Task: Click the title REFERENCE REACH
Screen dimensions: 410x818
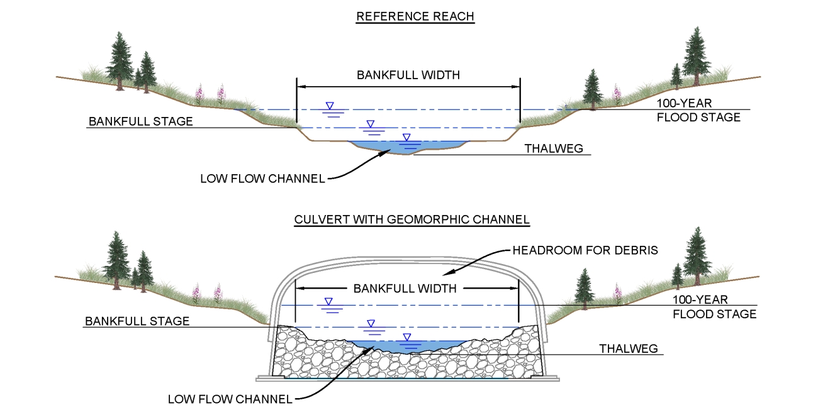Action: (415, 17)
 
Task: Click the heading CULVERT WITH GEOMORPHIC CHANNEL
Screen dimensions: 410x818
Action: (412, 220)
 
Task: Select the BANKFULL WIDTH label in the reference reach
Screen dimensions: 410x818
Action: (408, 75)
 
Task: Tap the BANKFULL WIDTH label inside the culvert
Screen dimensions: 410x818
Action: (405, 289)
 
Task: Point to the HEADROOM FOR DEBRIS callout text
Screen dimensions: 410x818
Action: (585, 250)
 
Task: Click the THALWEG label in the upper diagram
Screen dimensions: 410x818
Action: (554, 149)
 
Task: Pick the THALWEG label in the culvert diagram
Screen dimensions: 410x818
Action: (629, 348)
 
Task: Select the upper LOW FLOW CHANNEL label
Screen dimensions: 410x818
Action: (262, 179)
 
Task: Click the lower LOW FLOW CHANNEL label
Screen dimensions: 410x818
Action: (230, 399)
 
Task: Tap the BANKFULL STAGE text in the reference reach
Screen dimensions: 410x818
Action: (141, 121)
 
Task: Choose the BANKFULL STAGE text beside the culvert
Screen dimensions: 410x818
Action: (137, 321)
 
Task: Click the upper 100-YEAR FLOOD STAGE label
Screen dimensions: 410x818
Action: (698, 110)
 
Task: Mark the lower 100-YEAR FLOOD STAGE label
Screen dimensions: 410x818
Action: (714, 307)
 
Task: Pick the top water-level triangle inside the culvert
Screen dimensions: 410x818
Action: (328, 302)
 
